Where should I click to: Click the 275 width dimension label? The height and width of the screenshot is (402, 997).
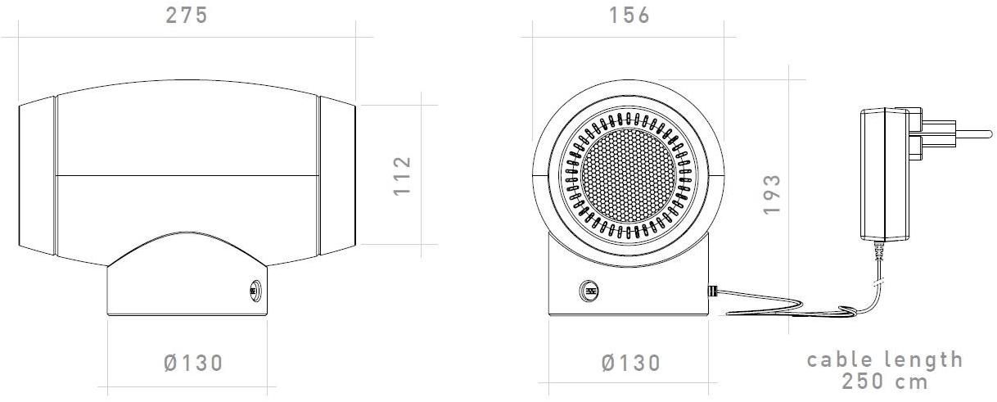tap(187, 16)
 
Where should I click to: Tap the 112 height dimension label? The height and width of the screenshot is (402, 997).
tap(401, 174)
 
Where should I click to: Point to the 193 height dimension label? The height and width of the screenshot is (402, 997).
tap(771, 194)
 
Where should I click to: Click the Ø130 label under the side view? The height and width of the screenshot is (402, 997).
tap(193, 363)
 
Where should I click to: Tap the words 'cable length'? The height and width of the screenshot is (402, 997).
tap(884, 359)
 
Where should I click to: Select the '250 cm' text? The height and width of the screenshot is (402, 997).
tap(884, 382)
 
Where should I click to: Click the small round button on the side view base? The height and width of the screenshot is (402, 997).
tap(253, 289)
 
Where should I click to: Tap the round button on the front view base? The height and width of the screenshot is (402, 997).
tap(589, 290)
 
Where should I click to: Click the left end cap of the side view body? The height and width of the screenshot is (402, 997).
tap(37, 174)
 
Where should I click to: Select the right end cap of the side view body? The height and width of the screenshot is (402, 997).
tap(336, 174)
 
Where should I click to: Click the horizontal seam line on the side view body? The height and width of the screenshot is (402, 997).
tap(187, 175)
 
